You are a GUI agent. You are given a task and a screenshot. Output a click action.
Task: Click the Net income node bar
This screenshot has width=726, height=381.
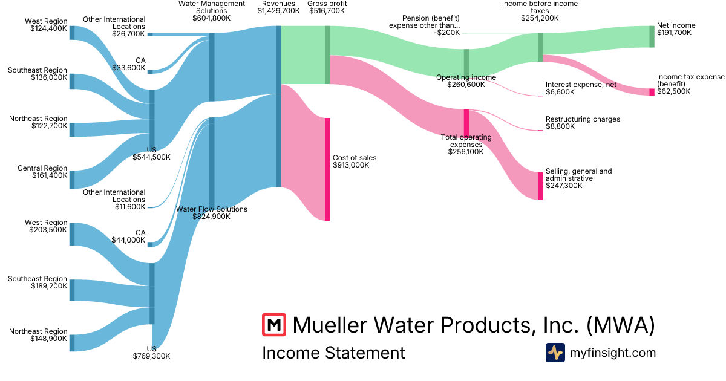(x=652, y=37)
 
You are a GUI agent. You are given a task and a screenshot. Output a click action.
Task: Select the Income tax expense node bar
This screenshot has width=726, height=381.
(x=652, y=92)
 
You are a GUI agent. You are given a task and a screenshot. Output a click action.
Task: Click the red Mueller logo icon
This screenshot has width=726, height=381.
(x=274, y=325)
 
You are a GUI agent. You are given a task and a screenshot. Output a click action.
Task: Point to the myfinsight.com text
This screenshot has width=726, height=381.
(x=613, y=353)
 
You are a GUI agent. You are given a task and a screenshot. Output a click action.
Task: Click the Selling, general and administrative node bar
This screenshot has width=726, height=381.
(x=540, y=186)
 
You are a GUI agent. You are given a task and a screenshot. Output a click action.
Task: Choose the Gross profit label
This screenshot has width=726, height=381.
(x=327, y=4)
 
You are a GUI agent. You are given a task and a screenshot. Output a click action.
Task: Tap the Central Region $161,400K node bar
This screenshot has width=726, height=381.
(x=72, y=180)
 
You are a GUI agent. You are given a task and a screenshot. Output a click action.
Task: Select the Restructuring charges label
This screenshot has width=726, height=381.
(x=583, y=119)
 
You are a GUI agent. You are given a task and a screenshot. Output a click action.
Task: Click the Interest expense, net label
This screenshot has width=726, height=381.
(x=581, y=85)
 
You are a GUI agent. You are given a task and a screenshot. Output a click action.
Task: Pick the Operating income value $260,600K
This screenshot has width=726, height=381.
(x=466, y=85)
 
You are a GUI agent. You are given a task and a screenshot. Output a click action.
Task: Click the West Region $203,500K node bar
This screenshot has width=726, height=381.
(x=72, y=234)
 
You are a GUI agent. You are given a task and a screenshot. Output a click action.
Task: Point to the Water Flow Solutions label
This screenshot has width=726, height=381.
(x=212, y=209)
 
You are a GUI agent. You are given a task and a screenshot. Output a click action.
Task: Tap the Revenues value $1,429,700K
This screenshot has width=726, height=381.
(x=278, y=11)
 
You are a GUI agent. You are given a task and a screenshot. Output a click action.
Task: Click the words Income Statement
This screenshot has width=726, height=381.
(x=333, y=353)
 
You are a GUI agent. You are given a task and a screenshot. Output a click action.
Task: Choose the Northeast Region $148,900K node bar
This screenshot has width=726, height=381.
(x=72, y=343)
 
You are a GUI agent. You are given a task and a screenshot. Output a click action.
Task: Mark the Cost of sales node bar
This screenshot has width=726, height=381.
(x=327, y=169)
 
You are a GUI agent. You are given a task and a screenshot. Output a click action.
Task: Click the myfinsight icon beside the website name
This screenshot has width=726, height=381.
(x=555, y=353)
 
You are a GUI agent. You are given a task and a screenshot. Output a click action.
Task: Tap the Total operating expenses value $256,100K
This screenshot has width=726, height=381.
(x=466, y=152)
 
